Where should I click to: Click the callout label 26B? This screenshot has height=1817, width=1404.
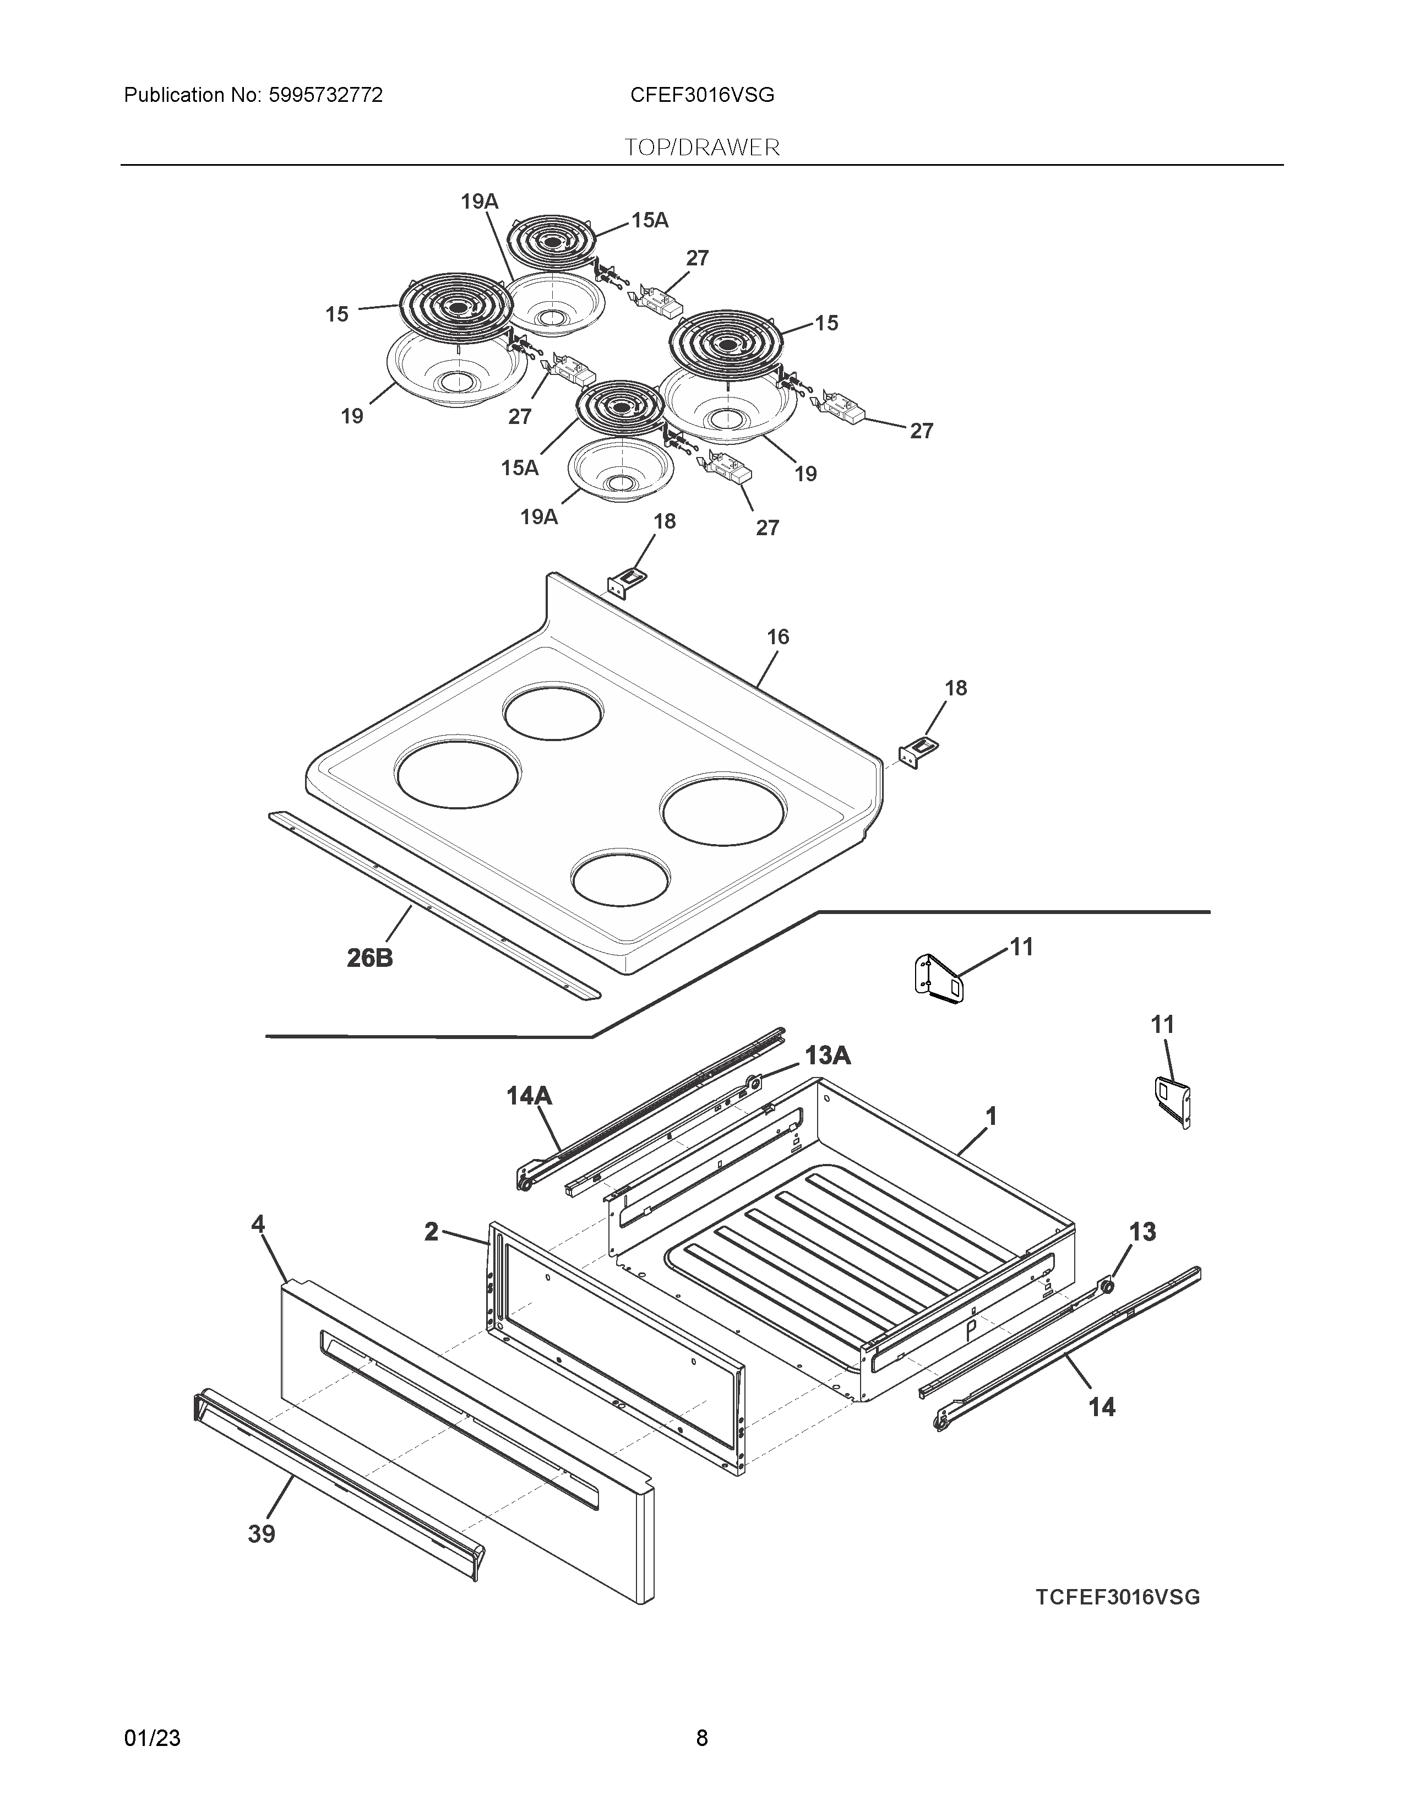click(x=369, y=959)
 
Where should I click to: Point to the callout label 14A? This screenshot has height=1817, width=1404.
click(x=529, y=1096)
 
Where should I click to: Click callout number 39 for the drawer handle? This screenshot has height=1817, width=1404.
click(x=261, y=1534)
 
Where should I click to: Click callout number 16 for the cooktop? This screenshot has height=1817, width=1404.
click(x=777, y=637)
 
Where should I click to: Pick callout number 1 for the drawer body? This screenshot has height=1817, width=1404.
click(x=991, y=1116)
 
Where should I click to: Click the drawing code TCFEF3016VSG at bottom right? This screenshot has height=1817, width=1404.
click(x=1118, y=1597)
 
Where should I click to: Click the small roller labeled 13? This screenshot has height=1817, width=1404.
click(x=1108, y=1288)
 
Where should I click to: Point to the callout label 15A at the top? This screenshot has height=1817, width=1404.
click(x=650, y=220)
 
